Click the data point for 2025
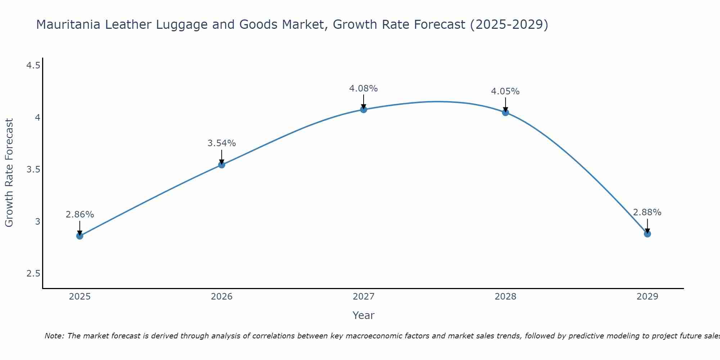(80, 236)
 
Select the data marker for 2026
(222, 165)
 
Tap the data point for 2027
(364, 109)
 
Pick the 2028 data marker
(505, 112)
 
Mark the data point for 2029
(647, 234)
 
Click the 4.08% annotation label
(363, 89)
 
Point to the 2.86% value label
(80, 215)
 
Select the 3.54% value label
(221, 143)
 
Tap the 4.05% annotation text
(505, 91)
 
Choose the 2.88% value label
(647, 212)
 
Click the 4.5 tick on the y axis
(33, 66)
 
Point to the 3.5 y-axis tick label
(33, 170)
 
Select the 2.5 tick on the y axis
(33, 274)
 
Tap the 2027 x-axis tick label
(364, 297)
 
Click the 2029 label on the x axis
(647, 297)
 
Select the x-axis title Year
(363, 315)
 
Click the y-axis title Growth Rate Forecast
(9, 173)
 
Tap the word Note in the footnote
(54, 336)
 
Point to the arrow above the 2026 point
(222, 157)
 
